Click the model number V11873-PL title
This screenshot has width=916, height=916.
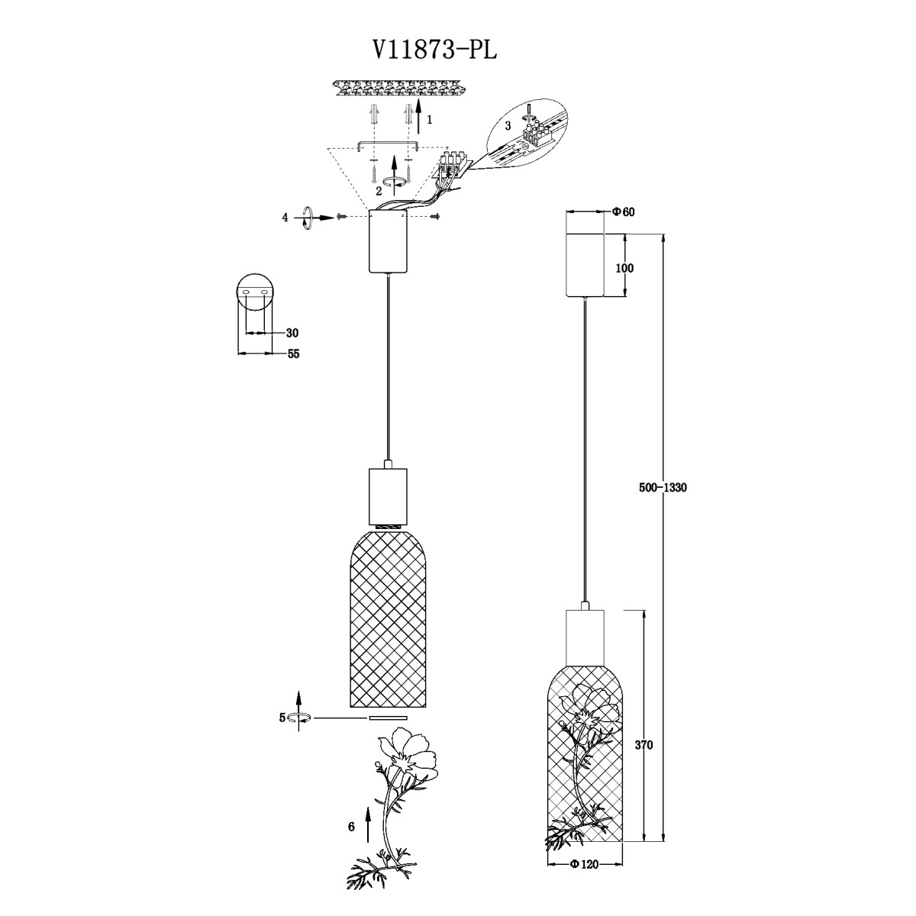(x=434, y=50)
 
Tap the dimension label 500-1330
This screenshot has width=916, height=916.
(x=663, y=488)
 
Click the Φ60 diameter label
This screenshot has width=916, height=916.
(x=623, y=212)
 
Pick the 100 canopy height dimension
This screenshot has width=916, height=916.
(x=624, y=268)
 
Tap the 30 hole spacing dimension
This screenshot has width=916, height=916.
(x=292, y=333)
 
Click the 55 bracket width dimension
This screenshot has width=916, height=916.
(x=293, y=354)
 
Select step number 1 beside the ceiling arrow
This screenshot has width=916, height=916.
(x=430, y=121)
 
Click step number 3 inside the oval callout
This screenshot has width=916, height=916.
(x=508, y=126)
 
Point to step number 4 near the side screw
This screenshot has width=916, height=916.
(x=285, y=218)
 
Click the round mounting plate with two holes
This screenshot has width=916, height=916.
(x=255, y=292)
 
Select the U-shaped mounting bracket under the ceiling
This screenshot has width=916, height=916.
(x=388, y=144)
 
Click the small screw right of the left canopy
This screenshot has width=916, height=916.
(x=435, y=217)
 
